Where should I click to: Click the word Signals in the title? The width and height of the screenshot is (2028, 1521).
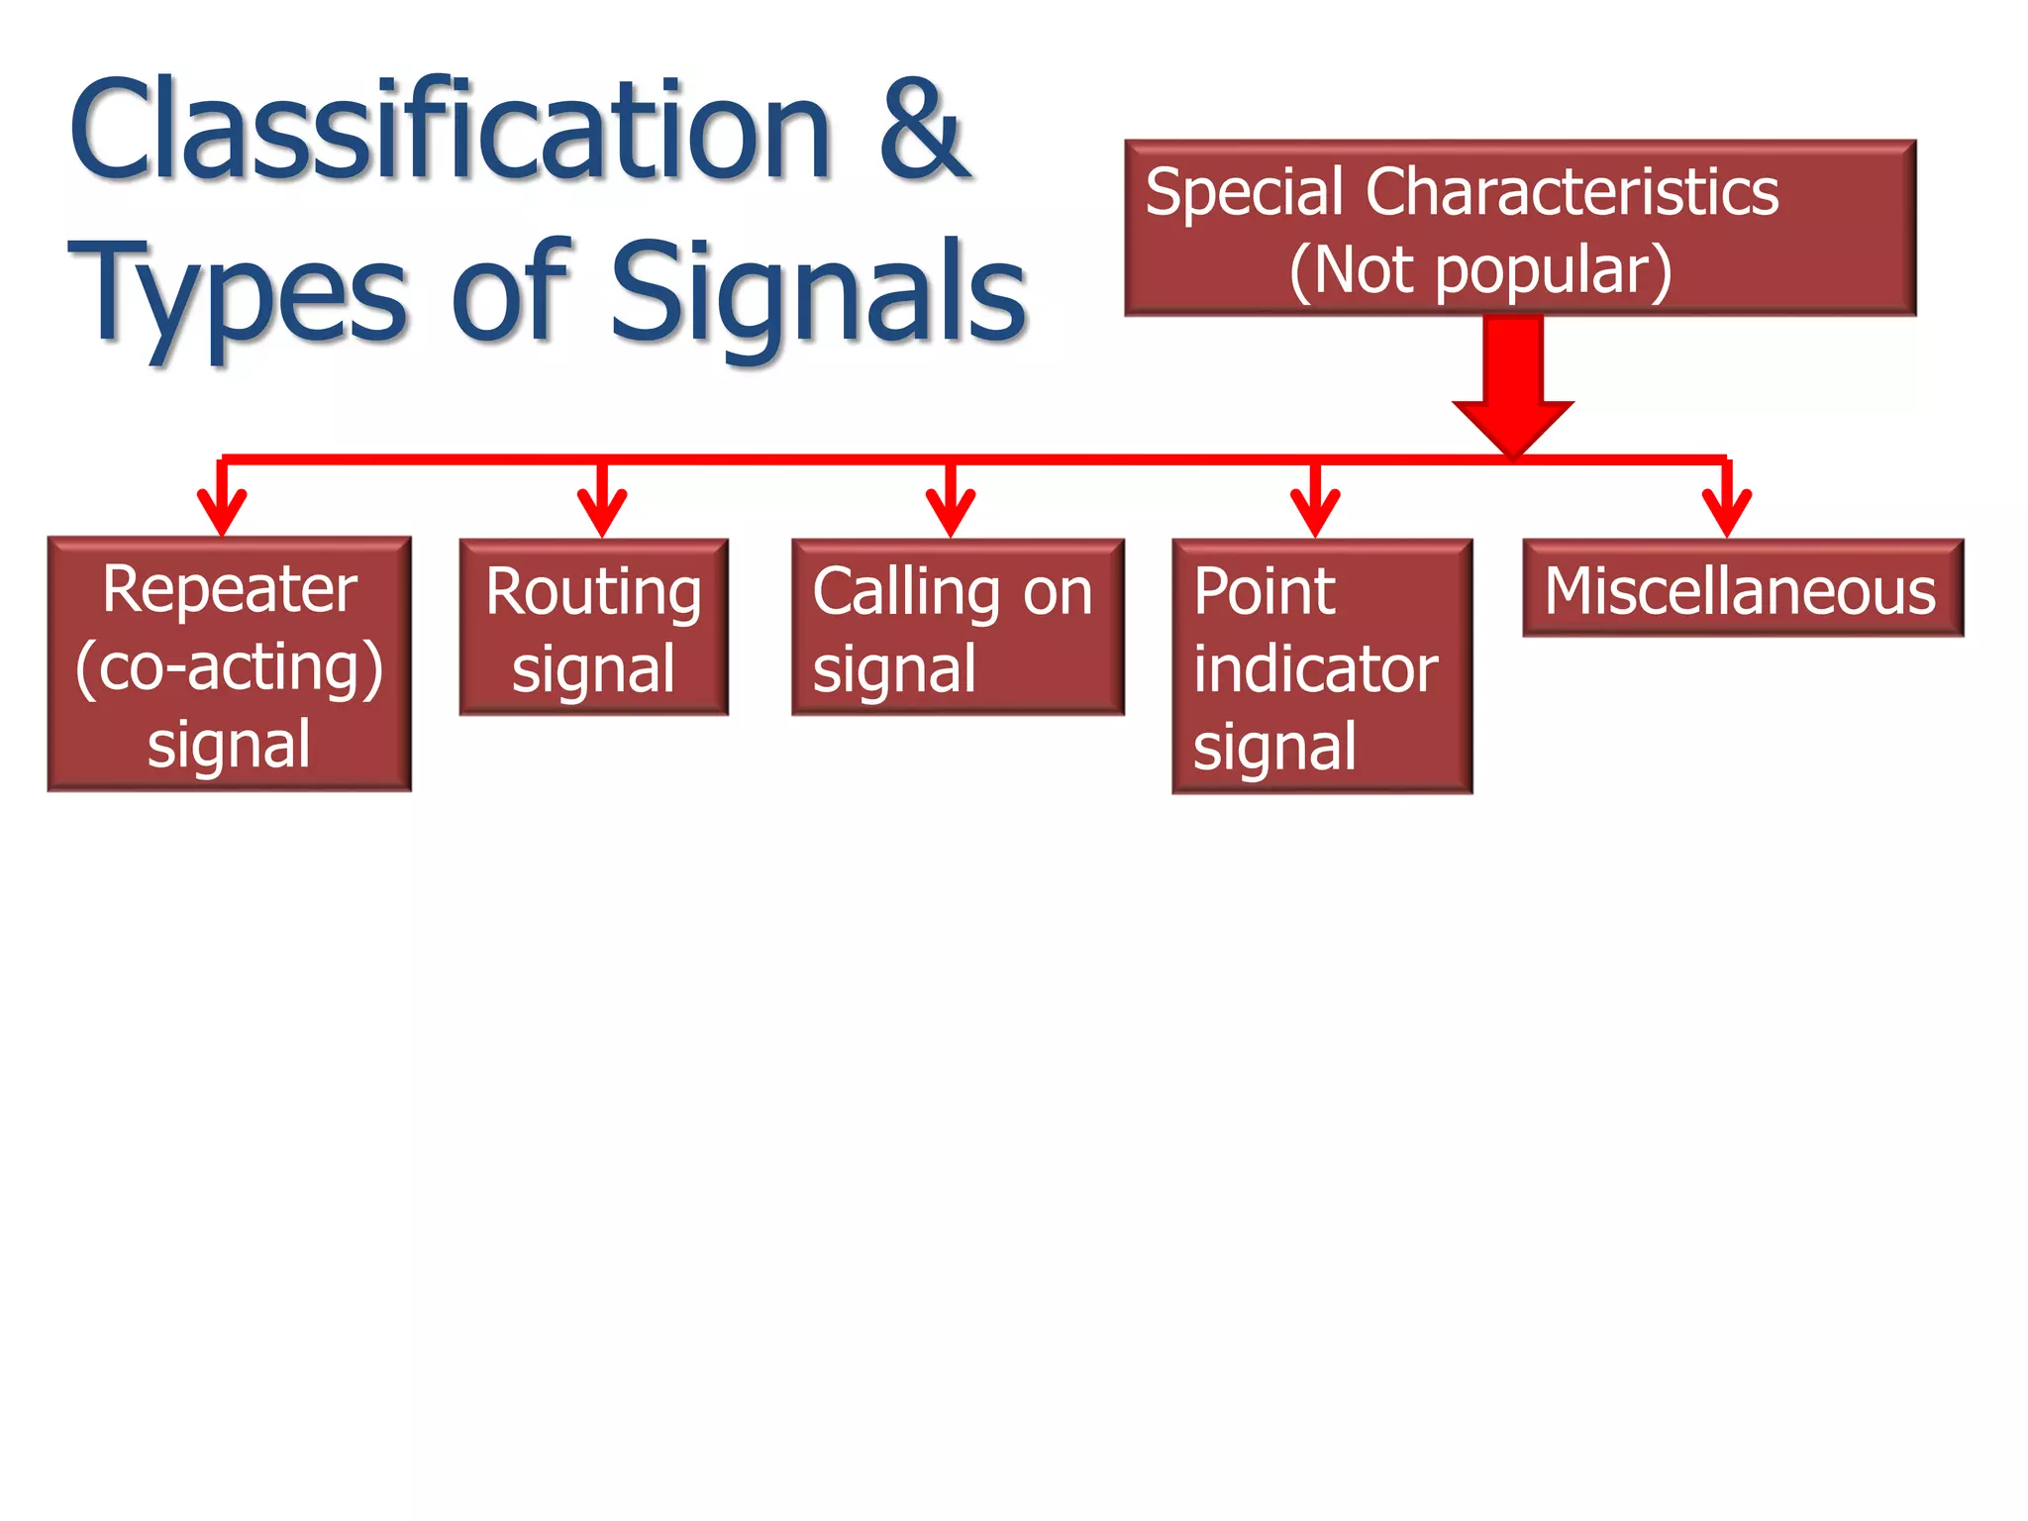click(818, 294)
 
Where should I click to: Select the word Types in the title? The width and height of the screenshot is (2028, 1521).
click(238, 294)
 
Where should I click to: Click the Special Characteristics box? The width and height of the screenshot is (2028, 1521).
click(1519, 228)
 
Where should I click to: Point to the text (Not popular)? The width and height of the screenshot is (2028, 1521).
click(1480, 270)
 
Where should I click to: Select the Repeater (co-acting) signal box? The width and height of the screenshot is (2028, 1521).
click(229, 663)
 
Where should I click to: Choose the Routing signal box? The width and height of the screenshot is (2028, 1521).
click(593, 628)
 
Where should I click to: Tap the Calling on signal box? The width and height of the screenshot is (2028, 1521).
click(957, 628)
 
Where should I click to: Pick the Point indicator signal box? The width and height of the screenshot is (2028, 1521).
click(1321, 666)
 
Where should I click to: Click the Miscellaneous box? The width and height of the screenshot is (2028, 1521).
click(1742, 589)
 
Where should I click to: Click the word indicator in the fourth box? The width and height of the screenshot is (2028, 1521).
click(1315, 670)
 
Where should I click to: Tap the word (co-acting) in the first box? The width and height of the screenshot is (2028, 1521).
click(229, 668)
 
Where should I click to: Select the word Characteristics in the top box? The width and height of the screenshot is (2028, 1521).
click(1572, 192)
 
